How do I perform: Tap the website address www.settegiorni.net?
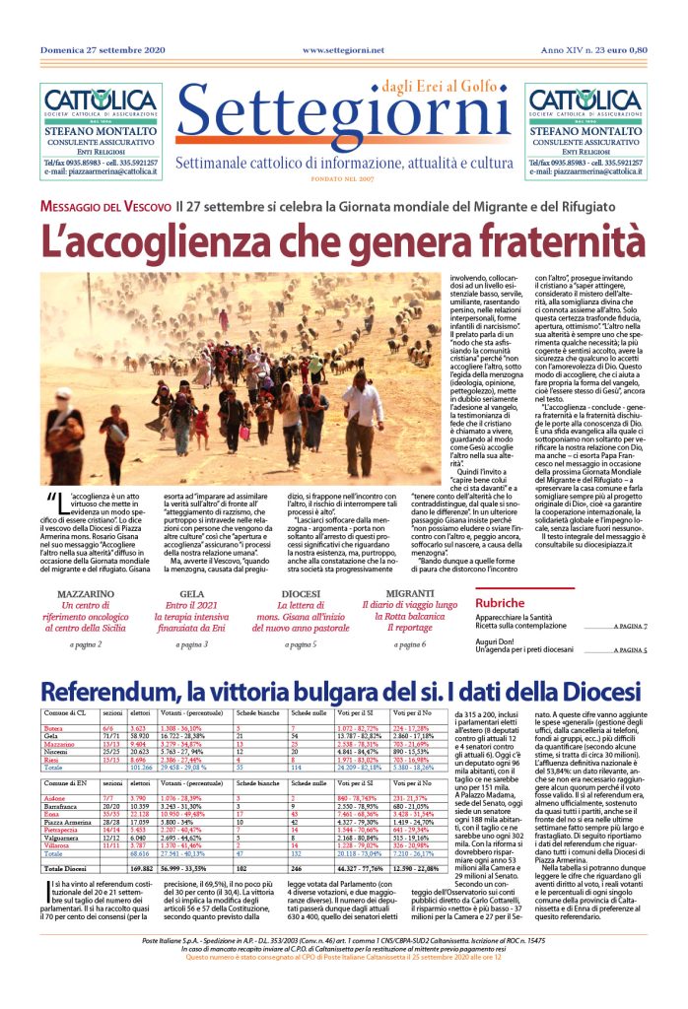(343, 49)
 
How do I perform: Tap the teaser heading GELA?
(192, 595)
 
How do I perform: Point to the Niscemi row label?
(54, 751)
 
